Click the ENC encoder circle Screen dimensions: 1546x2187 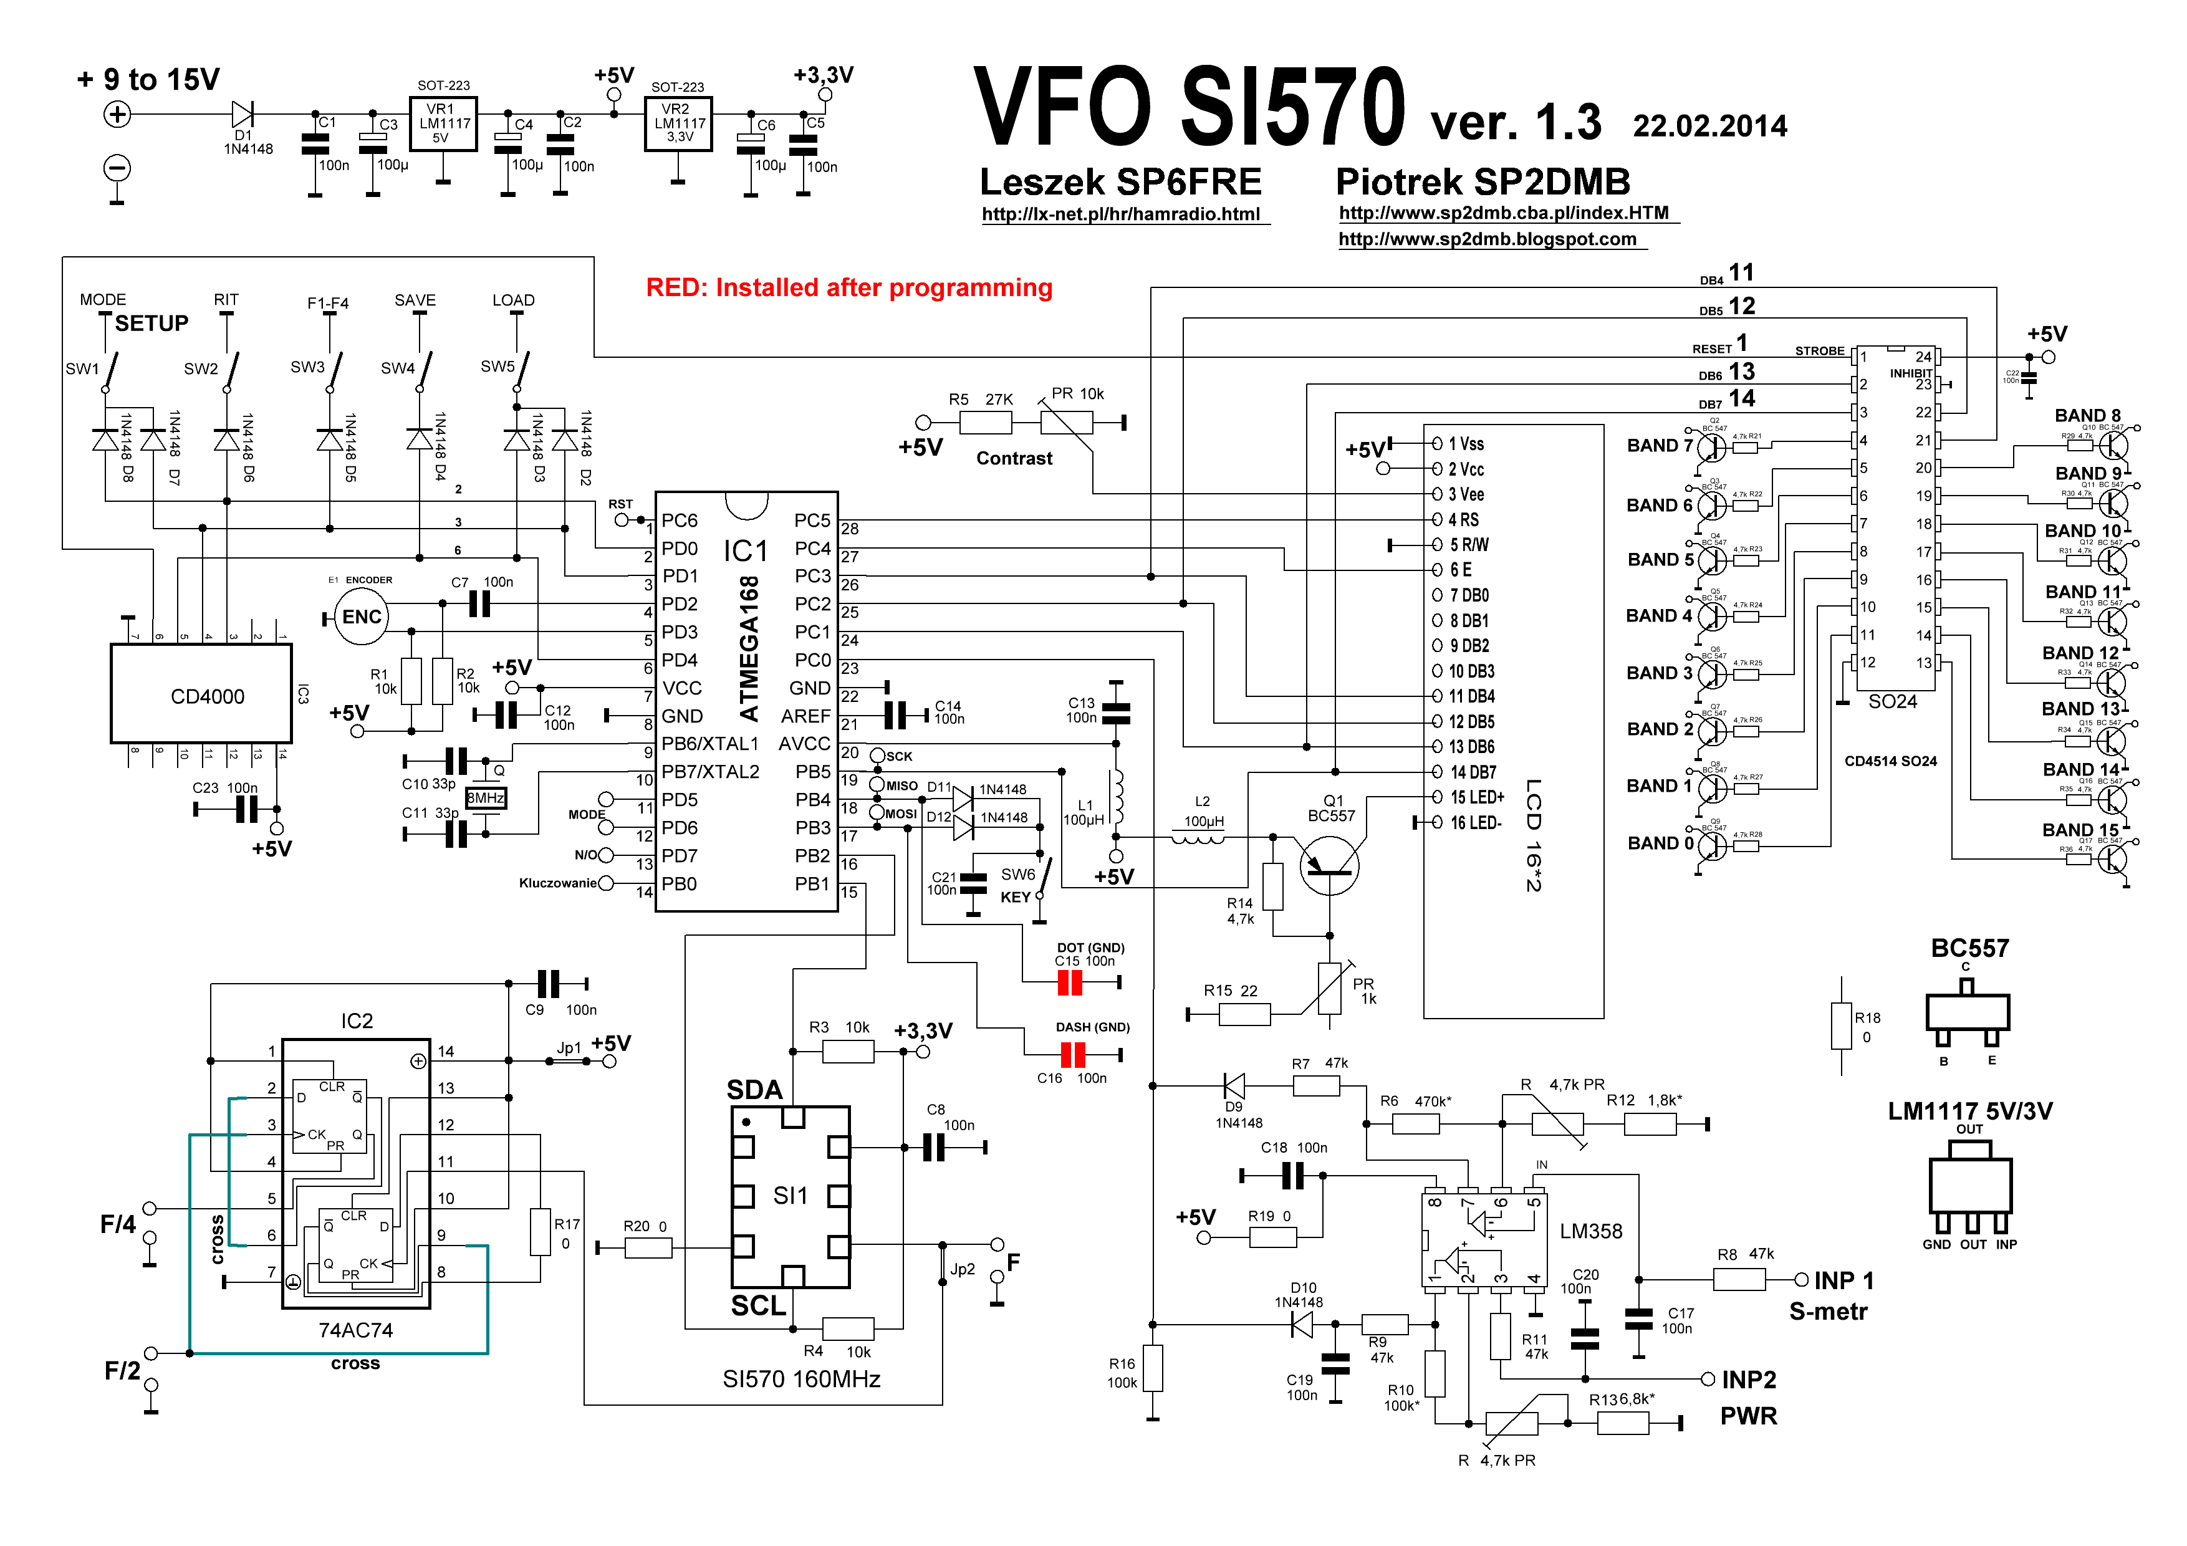pos(361,617)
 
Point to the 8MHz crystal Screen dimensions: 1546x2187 pos(486,798)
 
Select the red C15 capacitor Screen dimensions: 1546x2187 pos(1070,982)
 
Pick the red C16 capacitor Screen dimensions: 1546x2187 pos(1072,1055)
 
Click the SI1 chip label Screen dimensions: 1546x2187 pos(790,1196)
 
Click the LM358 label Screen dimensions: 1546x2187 pos(1591,1231)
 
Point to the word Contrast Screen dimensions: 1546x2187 pos(1014,458)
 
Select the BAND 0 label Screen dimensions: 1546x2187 pos(1660,843)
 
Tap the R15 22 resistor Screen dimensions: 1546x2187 pos(1244,1014)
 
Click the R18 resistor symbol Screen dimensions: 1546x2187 pos(1841,1026)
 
